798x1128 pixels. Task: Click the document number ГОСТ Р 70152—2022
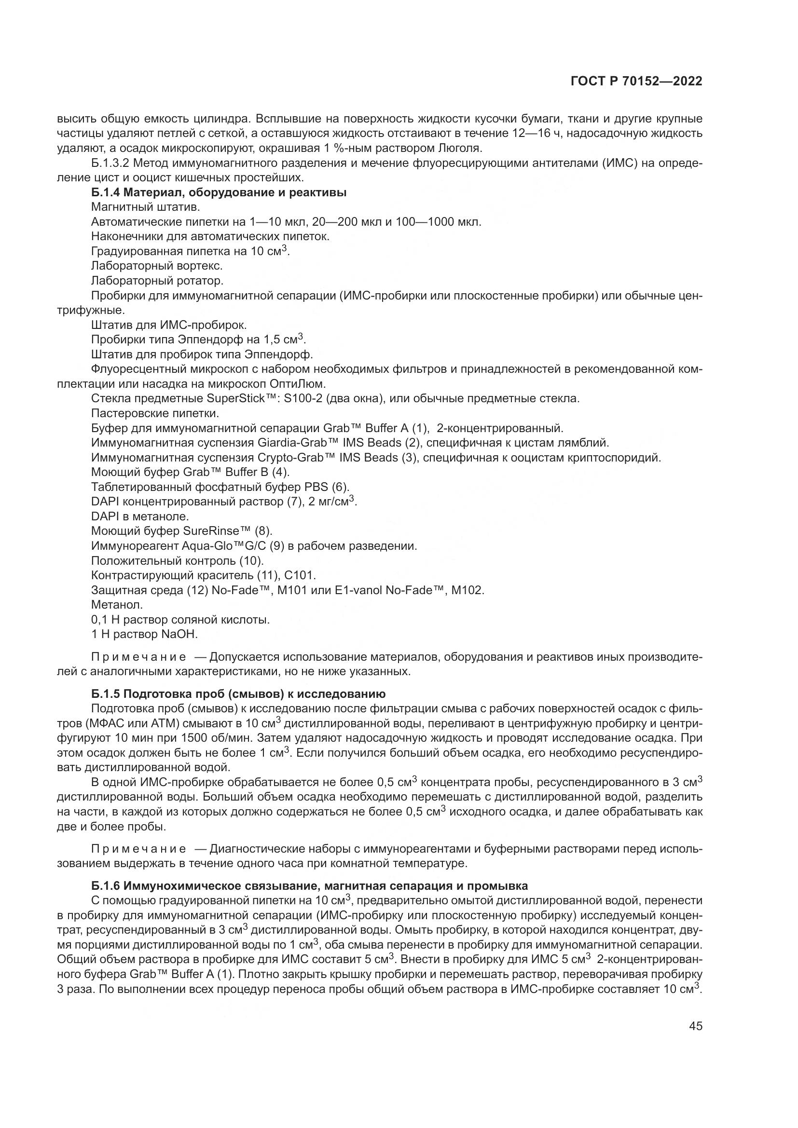[636, 82]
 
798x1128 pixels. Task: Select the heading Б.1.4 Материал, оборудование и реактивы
[219, 192]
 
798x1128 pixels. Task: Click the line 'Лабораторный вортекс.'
[157, 266]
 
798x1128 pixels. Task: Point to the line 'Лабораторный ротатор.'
[157, 281]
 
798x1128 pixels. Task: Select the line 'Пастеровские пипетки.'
[155, 413]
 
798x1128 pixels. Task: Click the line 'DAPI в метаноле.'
[140, 516]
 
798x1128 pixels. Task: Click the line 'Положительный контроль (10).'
[178, 560]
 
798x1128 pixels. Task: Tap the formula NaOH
[179, 634]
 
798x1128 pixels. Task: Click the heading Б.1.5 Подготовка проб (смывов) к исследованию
[238, 693]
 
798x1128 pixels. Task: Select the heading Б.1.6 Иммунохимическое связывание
[310, 886]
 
